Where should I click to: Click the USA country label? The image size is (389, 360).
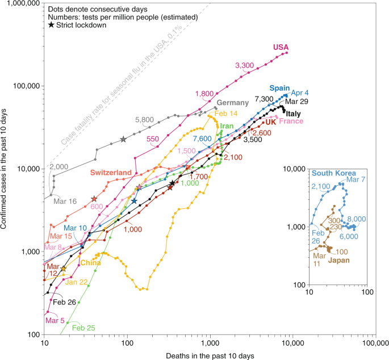(x=282, y=47)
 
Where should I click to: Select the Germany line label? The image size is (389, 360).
(x=233, y=103)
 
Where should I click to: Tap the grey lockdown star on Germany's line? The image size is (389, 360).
(x=123, y=140)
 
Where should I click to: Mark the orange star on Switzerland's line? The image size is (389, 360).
(x=94, y=199)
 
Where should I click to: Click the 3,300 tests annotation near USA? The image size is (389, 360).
(x=244, y=65)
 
